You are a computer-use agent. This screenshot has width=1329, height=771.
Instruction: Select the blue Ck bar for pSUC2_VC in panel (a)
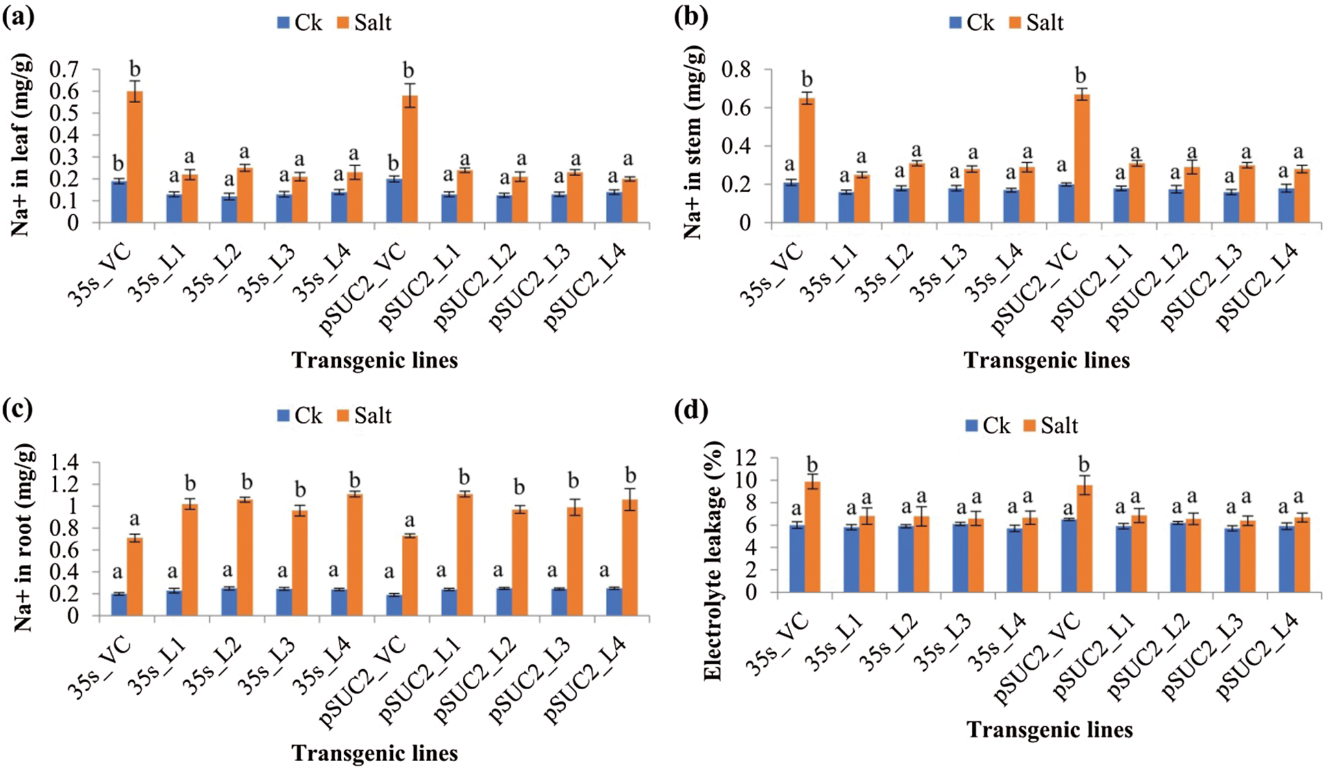click(x=394, y=200)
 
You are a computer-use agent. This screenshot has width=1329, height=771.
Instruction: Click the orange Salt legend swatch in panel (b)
click(x=1015, y=23)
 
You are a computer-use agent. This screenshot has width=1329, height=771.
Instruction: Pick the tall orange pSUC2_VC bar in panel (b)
click(x=1082, y=158)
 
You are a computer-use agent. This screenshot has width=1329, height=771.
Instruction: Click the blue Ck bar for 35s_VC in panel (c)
click(x=119, y=604)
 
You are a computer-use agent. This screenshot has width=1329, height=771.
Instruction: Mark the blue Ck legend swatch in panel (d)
click(x=971, y=426)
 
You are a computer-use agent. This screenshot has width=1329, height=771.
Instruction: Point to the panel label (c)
click(x=18, y=408)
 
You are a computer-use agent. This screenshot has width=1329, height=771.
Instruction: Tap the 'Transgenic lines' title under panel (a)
click(x=375, y=360)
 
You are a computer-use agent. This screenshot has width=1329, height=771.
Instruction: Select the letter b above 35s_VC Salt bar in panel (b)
click(x=807, y=79)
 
